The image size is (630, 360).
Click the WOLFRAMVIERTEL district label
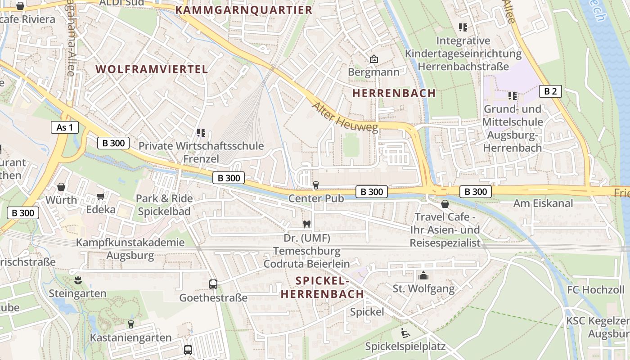pyautogui.click(x=152, y=69)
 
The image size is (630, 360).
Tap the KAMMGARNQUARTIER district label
pyautogui.click(x=243, y=10)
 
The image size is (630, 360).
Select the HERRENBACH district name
pyautogui.click(x=394, y=93)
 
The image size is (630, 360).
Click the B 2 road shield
pyautogui.click(x=550, y=91)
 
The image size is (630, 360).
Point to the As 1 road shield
pyautogui.click(x=65, y=127)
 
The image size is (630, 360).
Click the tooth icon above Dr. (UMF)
pyautogui.click(x=307, y=224)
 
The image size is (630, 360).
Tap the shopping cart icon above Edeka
pyautogui.click(x=101, y=197)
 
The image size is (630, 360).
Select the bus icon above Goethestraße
pyautogui.click(x=213, y=284)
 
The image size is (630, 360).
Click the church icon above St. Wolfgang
pyautogui.click(x=423, y=275)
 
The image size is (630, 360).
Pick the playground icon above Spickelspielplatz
pyautogui.click(x=405, y=333)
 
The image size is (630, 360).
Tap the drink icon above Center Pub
pyautogui.click(x=316, y=185)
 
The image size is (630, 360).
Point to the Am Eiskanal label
pyautogui.click(x=543, y=203)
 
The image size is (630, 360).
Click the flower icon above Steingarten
pyautogui.click(x=78, y=280)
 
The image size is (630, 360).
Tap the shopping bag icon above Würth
pyautogui.click(x=61, y=187)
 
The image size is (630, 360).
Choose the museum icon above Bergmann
pyautogui.click(x=373, y=59)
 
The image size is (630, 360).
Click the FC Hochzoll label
pyautogui.click(x=596, y=289)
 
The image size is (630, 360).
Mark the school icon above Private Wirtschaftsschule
pyautogui.click(x=201, y=133)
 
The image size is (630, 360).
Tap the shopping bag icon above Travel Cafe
pyautogui.click(x=445, y=204)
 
